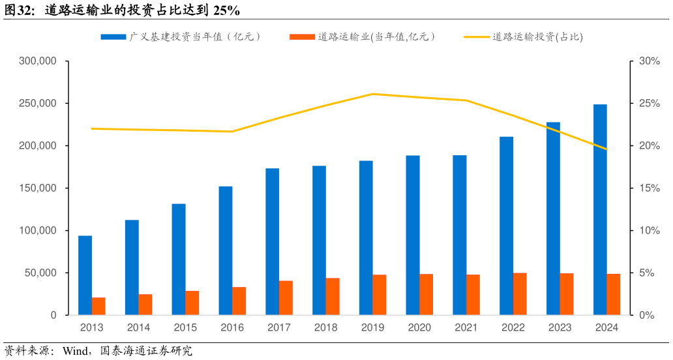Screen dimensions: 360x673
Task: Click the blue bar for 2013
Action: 85,275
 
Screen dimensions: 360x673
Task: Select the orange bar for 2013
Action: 98,307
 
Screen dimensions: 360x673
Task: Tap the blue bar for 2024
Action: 600,209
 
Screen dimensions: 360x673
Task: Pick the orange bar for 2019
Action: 380,295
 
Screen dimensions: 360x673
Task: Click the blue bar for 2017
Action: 272,241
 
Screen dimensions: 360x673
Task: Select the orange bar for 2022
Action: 520,294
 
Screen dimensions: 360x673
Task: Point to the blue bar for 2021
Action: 460,235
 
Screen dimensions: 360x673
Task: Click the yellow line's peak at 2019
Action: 372,94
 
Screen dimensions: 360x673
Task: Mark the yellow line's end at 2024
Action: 606,149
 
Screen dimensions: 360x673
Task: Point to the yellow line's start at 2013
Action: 92,128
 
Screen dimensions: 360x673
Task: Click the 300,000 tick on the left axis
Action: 38,61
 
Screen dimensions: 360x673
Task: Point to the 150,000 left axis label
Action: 38,188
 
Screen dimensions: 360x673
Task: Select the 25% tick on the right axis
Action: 649,104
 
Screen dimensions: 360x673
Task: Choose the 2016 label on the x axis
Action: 232,327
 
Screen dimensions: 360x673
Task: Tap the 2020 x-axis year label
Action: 419,327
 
